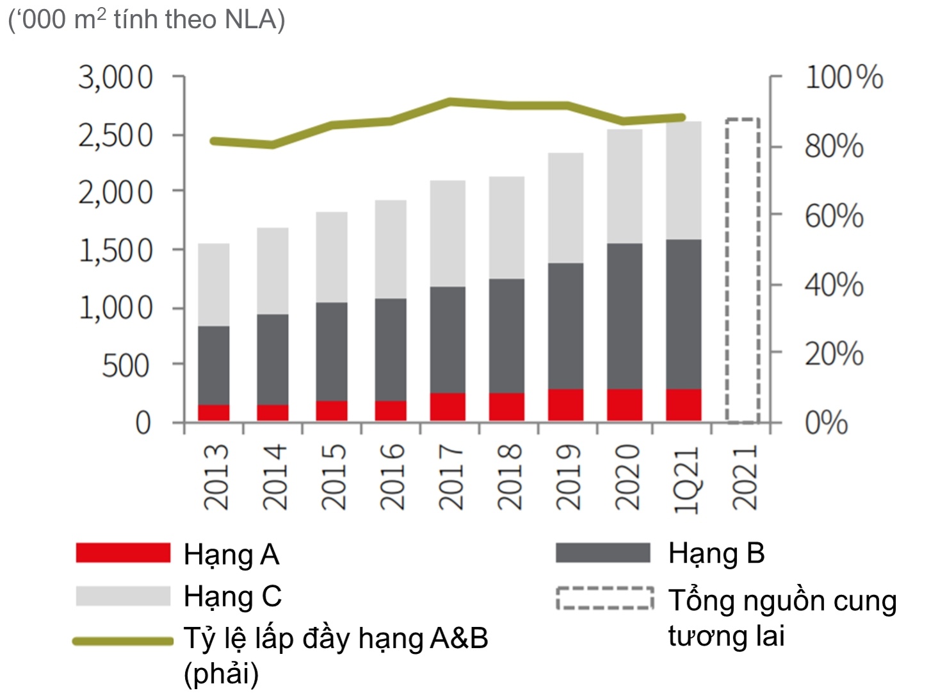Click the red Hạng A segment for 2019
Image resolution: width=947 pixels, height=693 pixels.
pos(565,405)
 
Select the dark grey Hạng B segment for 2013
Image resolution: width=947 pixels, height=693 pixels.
pos(214,365)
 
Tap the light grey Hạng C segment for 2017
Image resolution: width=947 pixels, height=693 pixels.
pos(448,233)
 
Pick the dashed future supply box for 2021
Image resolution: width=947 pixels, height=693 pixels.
pos(743,271)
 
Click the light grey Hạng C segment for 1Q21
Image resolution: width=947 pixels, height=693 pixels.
pos(683,180)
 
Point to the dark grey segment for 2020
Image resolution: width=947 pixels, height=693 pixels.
pos(624,316)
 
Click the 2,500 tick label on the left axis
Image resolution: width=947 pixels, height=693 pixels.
pos(116,135)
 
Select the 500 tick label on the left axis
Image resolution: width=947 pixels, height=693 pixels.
pos(126,366)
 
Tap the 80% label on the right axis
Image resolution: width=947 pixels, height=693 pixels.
pos(834,146)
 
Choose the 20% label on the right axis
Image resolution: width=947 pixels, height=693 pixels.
pos(834,354)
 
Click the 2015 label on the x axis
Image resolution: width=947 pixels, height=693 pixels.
pos(333,477)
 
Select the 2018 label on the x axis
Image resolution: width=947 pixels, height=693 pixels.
pos(510,477)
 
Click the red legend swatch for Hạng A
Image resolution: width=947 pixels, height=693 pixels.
pos(123,553)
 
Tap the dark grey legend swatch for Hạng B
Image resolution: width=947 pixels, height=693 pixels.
pos(603,553)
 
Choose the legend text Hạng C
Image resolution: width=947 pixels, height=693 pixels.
pos(232,596)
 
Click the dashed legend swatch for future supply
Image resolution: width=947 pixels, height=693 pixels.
pos(604,597)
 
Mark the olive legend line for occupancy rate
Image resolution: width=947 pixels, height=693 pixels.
pos(123,640)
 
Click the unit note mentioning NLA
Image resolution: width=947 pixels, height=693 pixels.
pos(146,19)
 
